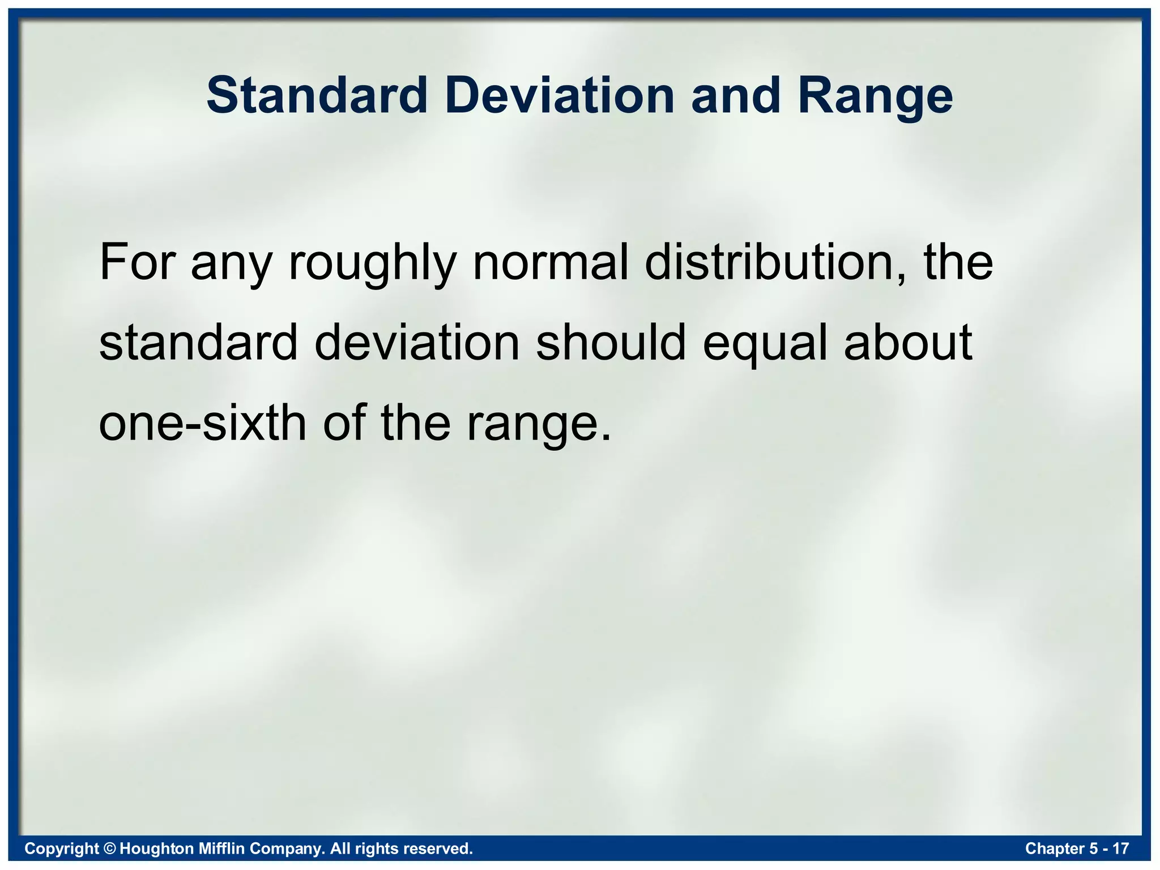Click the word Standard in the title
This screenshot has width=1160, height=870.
317,95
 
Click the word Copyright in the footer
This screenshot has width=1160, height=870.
62,848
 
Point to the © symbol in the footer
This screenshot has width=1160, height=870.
110,848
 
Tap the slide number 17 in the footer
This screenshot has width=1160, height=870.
1121,848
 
